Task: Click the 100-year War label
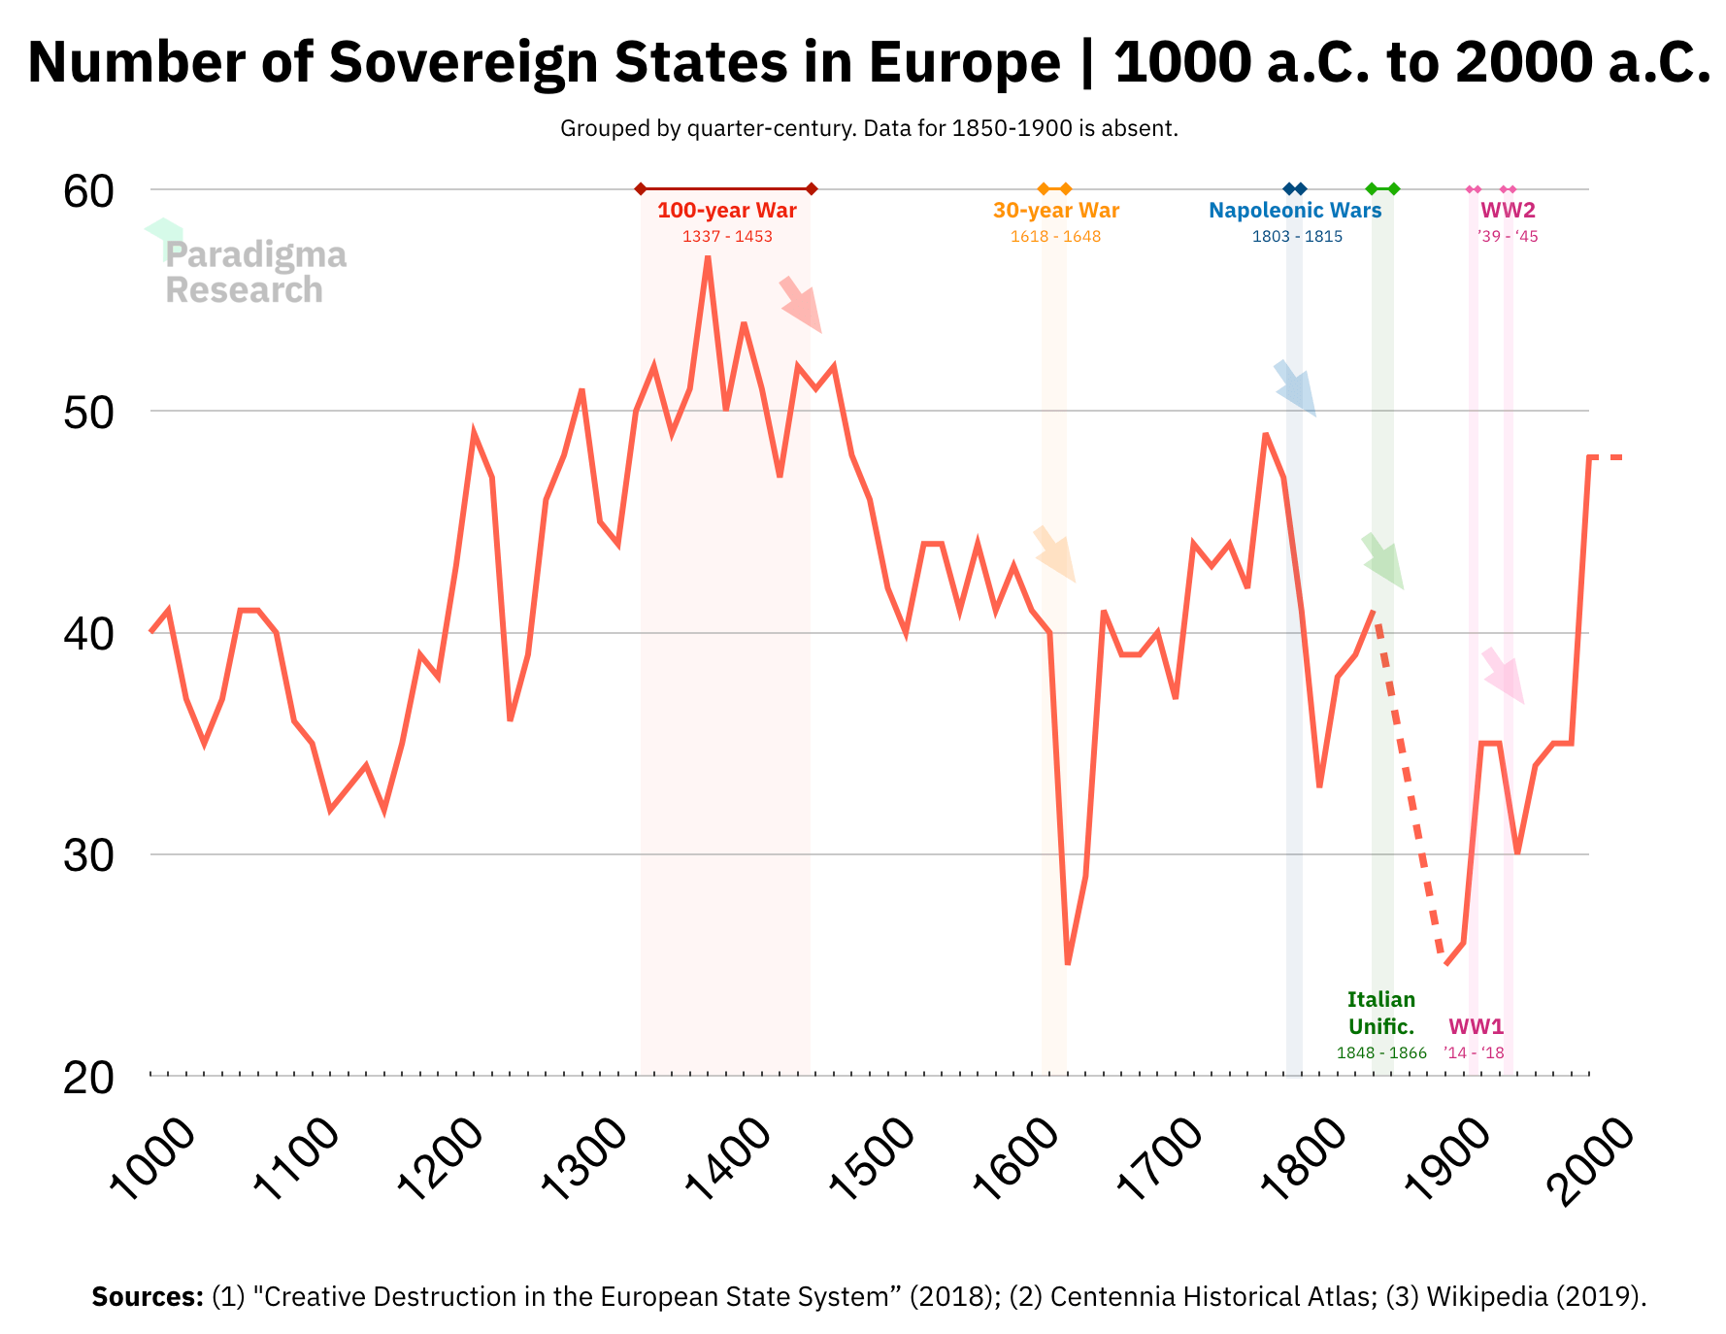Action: (726, 211)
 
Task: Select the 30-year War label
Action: (1055, 211)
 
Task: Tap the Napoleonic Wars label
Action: (1294, 211)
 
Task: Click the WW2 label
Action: (1507, 211)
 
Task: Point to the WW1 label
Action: (1476, 1026)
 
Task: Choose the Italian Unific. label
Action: (1380, 1013)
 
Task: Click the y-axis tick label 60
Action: (88, 191)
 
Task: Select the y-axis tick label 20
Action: (88, 1078)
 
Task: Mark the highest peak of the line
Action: (708, 256)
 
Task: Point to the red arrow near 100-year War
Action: (801, 304)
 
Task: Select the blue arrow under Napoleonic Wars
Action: (1295, 388)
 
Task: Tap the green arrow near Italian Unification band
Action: (1382, 560)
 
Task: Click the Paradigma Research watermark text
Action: (254, 272)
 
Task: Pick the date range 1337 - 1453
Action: (726, 237)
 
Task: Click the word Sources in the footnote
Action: (147, 1297)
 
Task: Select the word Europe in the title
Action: (965, 62)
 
